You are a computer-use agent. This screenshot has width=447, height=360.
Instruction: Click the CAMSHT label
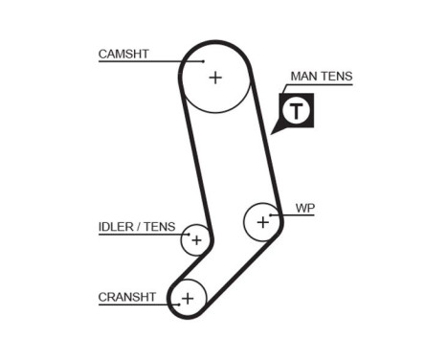(123, 55)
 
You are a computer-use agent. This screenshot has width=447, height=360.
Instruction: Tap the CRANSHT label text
(126, 297)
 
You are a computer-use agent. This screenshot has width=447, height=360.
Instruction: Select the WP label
(304, 208)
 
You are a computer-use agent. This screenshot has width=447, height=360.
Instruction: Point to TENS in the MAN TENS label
(337, 77)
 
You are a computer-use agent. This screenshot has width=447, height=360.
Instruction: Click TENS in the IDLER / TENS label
(160, 227)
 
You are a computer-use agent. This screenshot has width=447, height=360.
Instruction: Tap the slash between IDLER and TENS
(139, 227)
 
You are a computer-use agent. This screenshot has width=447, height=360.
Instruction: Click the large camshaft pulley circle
(214, 77)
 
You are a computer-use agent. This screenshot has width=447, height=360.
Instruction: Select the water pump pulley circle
(262, 222)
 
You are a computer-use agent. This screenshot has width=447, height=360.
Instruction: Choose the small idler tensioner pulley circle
(196, 239)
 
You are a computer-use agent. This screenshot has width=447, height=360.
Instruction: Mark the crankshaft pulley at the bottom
(188, 298)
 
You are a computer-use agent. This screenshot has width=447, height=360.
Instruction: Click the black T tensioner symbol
(297, 110)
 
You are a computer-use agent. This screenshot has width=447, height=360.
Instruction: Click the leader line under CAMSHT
(144, 62)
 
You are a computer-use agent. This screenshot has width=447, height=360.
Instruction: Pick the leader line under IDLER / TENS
(139, 235)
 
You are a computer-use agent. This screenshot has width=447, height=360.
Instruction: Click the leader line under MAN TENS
(321, 85)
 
